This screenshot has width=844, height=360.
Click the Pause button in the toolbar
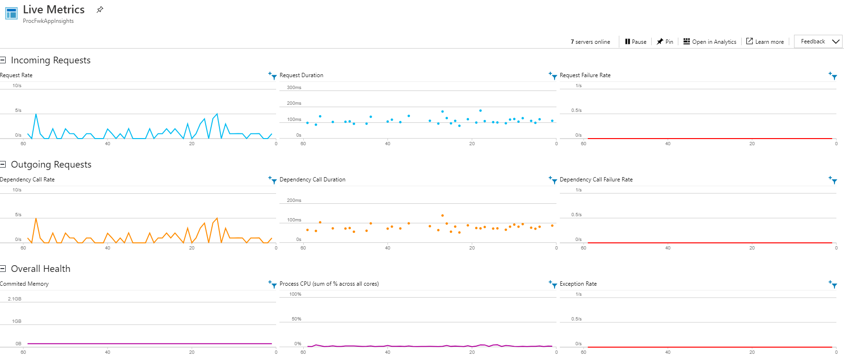click(x=635, y=42)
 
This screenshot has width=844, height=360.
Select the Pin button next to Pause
click(x=665, y=42)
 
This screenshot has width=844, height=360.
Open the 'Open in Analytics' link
click(x=710, y=42)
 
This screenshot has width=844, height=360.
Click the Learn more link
click(x=765, y=42)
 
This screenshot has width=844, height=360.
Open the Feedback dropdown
click(x=818, y=41)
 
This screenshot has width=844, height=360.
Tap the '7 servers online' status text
click(x=590, y=42)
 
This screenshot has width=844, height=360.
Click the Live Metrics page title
click(x=53, y=10)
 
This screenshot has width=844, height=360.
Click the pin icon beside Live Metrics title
click(x=100, y=10)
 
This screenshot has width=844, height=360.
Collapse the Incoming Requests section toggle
click(x=3, y=60)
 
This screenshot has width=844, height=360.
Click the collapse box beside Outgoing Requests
click(x=3, y=164)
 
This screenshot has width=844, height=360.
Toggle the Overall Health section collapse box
click(x=3, y=269)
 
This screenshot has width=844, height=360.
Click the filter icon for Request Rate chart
click(x=272, y=75)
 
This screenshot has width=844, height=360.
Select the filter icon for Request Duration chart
click(x=553, y=75)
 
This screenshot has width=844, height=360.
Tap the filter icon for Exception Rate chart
click(x=833, y=284)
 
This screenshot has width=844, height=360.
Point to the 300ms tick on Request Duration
click(x=294, y=88)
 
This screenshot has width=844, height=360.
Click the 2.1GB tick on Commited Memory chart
click(x=14, y=299)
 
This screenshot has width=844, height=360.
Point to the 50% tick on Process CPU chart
click(x=296, y=319)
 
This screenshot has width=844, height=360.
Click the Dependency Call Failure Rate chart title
click(x=596, y=180)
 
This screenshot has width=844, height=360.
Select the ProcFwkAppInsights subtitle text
click(x=48, y=21)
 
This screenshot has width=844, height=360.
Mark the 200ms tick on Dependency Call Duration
click(x=294, y=200)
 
